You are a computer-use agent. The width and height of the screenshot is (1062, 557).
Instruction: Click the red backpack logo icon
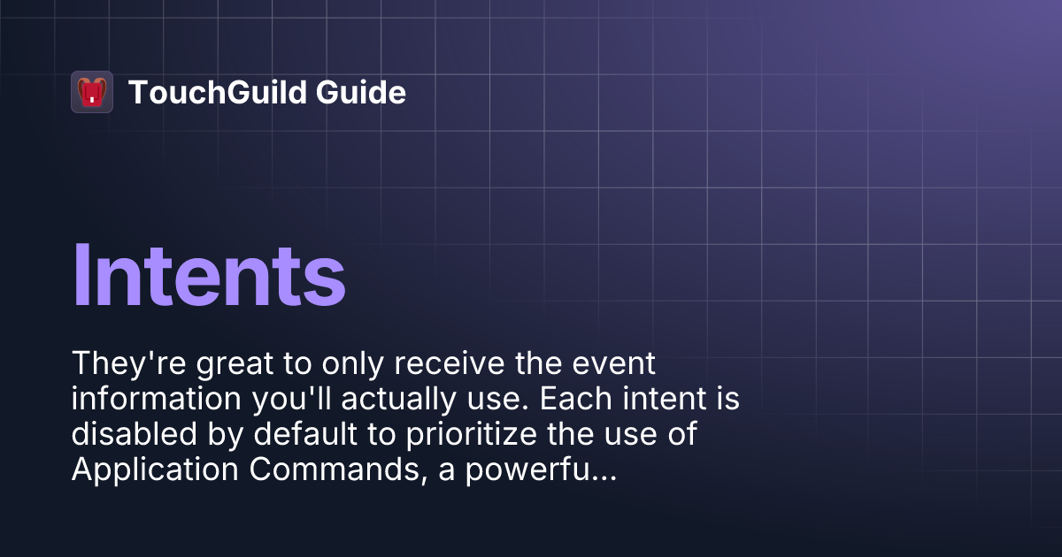point(92,92)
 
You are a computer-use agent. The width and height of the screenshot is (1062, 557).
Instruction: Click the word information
point(150,400)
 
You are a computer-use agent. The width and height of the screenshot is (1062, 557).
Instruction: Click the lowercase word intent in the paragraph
point(662,400)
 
